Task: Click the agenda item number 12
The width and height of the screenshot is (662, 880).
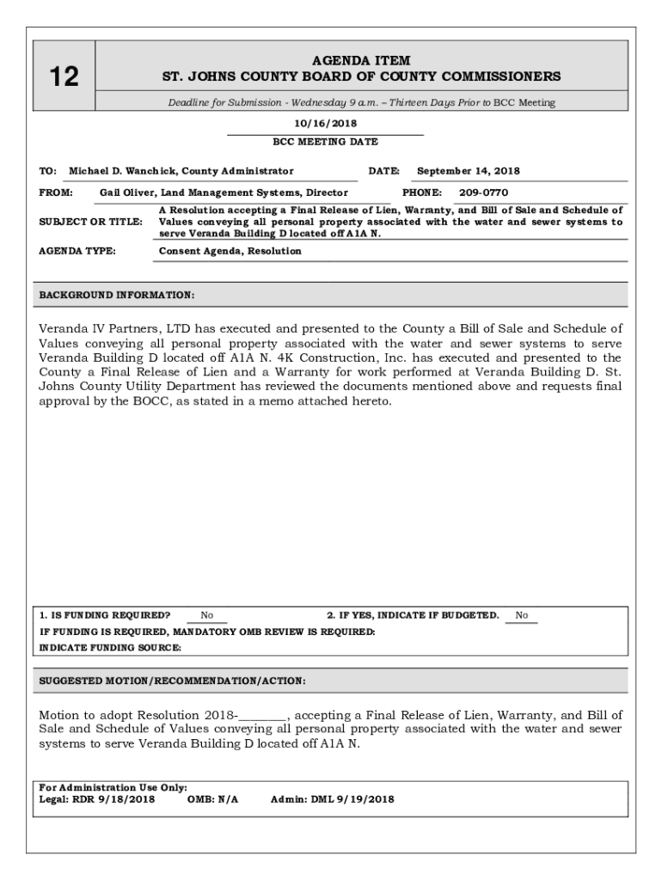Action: point(64,77)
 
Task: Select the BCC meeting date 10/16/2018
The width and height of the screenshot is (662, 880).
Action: point(325,124)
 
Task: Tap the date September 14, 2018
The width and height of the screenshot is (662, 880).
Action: point(468,171)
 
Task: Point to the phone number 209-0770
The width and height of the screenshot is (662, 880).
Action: point(483,192)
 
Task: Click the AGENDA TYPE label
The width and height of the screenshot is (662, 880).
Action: point(77,251)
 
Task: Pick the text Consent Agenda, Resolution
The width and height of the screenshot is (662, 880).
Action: point(230,251)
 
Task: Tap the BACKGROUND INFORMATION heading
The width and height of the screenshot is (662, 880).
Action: point(117,295)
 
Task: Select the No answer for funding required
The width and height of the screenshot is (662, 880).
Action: point(207,615)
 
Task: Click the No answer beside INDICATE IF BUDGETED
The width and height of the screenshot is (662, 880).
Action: point(521,615)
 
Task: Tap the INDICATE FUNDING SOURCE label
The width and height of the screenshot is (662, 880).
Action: point(110,648)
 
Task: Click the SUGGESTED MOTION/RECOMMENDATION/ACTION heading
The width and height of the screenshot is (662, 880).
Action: point(172,681)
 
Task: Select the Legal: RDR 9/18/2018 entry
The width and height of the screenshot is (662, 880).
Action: point(97,799)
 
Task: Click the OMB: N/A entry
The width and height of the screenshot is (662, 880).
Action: point(212,799)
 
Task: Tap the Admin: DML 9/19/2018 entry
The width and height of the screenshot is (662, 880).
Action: point(332,799)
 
